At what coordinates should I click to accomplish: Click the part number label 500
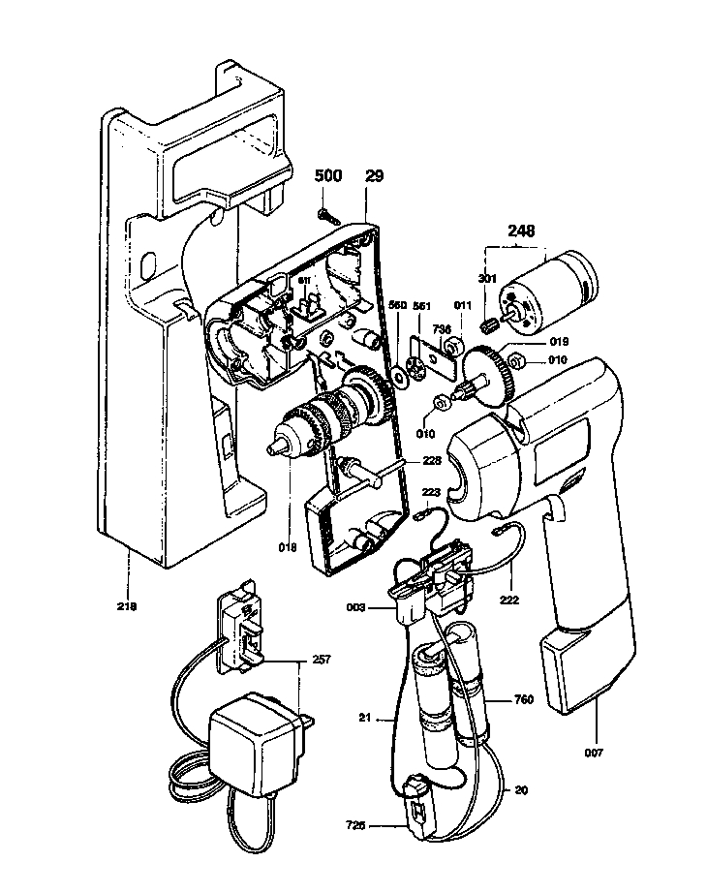tap(328, 176)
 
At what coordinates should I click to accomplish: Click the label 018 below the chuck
tap(288, 548)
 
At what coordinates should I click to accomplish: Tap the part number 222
tap(510, 600)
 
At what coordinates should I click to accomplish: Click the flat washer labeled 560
tap(399, 372)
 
